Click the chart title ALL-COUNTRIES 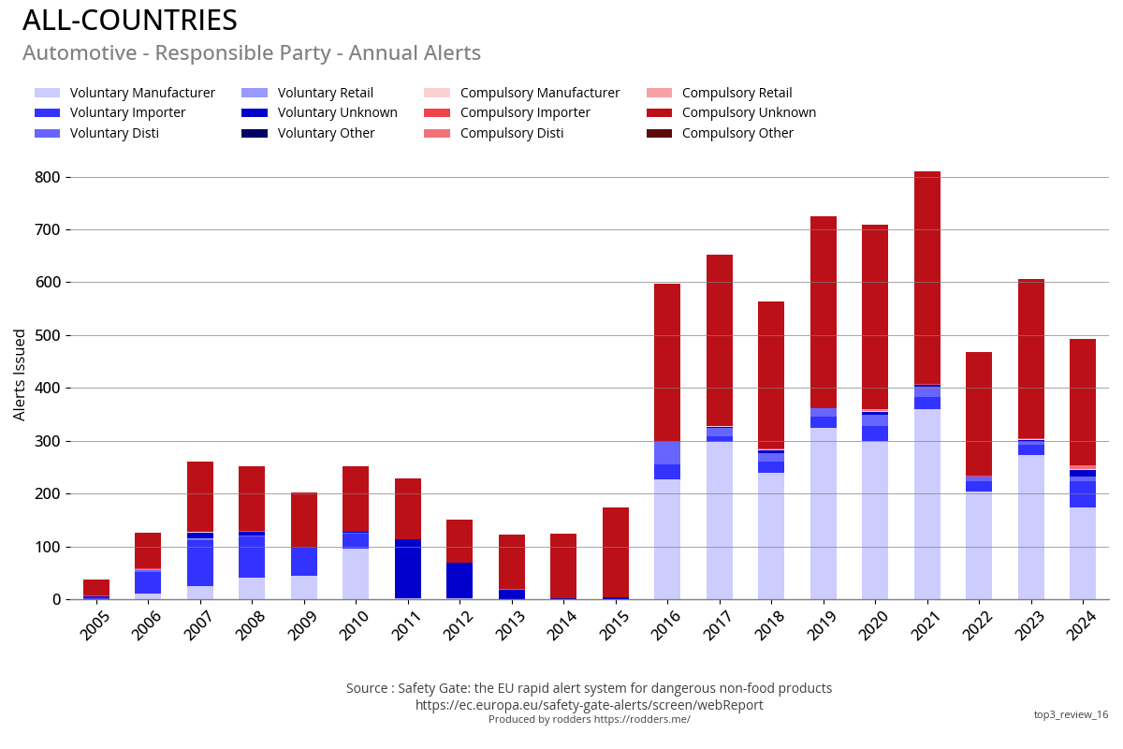point(130,21)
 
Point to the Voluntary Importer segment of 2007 point(199,563)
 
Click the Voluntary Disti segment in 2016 point(667,452)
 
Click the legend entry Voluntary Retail point(325,93)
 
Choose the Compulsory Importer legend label point(525,112)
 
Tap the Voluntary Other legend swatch point(255,133)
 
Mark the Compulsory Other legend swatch point(659,133)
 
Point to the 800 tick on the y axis point(48,177)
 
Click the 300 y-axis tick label point(48,441)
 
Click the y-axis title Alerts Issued point(20,374)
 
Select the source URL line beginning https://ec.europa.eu point(589,705)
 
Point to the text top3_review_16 point(1071,714)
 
